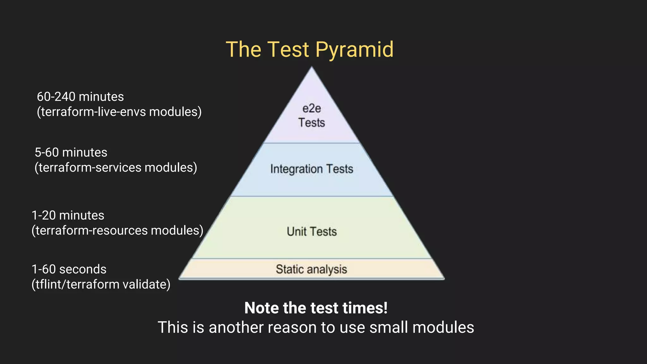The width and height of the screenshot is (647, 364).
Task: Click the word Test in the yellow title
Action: tap(288, 50)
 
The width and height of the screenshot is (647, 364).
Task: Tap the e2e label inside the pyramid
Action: tap(311, 109)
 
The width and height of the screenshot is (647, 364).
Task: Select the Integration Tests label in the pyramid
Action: tap(311, 169)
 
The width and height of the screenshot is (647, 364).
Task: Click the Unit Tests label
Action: tap(311, 232)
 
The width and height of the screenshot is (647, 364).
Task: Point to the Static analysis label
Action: tap(311, 270)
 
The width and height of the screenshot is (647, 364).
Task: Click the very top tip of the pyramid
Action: tap(312, 67)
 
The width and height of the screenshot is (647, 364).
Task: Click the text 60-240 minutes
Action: tap(80, 97)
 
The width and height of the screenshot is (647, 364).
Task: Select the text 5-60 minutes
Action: tap(71, 153)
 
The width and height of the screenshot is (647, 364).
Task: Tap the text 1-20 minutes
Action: tap(68, 215)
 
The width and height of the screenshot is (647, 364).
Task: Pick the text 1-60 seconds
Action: tap(69, 270)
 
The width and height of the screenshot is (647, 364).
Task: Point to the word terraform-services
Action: tap(90, 168)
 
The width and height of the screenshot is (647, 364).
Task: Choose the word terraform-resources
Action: tap(92, 231)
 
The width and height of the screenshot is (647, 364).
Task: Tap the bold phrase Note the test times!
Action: tap(316, 308)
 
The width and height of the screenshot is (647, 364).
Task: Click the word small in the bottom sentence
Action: tap(389, 327)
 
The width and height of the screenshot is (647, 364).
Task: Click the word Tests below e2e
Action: tap(311, 123)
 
